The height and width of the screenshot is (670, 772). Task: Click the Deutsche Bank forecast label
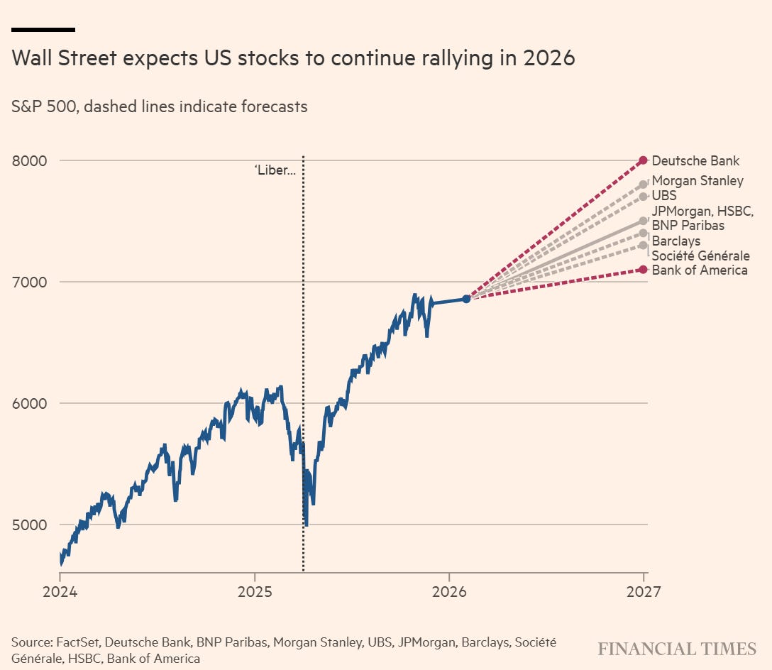695,160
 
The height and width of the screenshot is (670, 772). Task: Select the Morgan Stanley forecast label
697,181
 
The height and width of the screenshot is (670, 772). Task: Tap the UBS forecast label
664,195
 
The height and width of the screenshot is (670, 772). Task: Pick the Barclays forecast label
675,241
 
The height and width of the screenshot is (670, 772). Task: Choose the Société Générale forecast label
700,256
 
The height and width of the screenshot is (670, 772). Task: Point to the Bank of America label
699,270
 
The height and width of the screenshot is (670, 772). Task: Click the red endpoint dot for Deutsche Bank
643,160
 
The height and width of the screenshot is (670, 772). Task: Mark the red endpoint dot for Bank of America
643,269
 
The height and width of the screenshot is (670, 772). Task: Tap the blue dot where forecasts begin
466,299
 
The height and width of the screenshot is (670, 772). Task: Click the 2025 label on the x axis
254,591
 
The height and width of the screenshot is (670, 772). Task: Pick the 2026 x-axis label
448,591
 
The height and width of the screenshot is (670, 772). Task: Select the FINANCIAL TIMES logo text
677,649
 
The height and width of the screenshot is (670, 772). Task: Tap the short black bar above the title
43,30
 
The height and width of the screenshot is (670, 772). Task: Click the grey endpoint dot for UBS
643,197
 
